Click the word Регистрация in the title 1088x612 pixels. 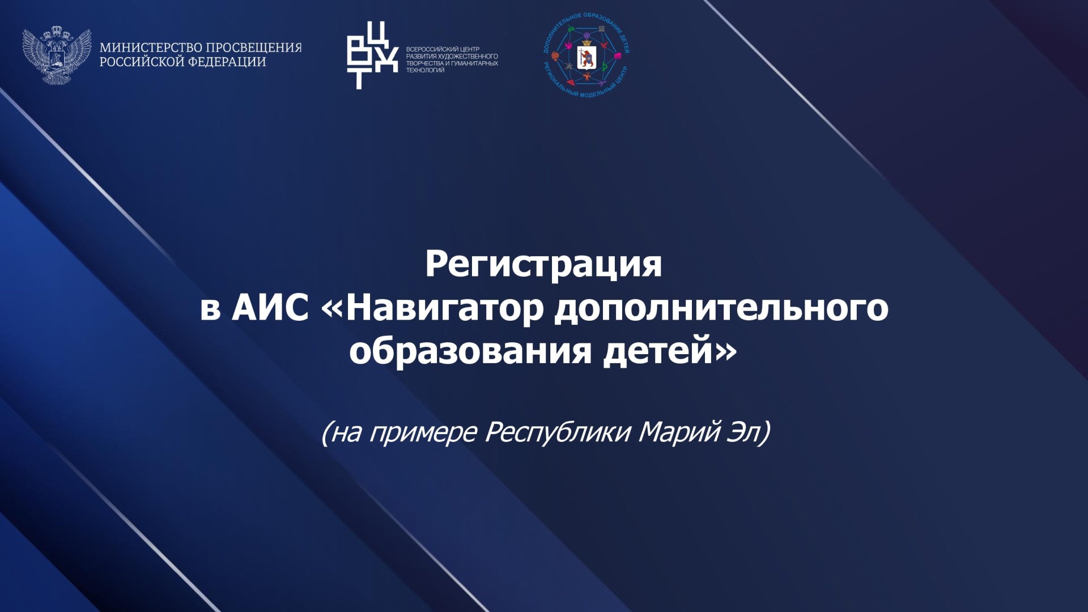click(543, 265)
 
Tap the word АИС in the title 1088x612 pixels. click(270, 309)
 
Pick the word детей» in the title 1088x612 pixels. click(670, 352)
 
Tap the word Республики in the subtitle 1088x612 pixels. click(558, 432)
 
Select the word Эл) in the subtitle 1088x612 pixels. click(749, 432)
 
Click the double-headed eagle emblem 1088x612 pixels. click(57, 55)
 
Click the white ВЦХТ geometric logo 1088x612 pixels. click(372, 55)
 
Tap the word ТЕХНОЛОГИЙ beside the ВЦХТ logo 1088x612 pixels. click(425, 70)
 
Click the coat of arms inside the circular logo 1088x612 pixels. click(586, 57)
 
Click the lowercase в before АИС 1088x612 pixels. click(210, 311)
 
